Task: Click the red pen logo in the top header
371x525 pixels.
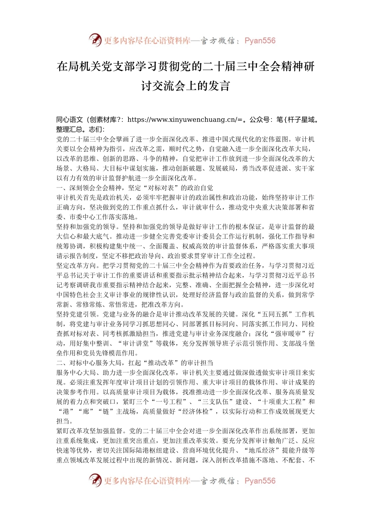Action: (95, 40)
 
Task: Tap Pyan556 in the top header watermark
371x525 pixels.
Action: (260, 41)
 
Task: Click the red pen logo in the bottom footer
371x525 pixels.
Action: (95, 480)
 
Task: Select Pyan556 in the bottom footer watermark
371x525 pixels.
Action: (260, 481)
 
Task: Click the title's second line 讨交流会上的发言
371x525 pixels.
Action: (185, 86)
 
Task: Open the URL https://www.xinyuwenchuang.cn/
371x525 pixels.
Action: (182, 120)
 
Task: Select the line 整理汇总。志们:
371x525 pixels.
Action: (80, 129)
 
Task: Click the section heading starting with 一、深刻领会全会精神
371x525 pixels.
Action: (135, 188)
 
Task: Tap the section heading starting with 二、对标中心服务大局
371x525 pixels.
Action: (135, 363)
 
